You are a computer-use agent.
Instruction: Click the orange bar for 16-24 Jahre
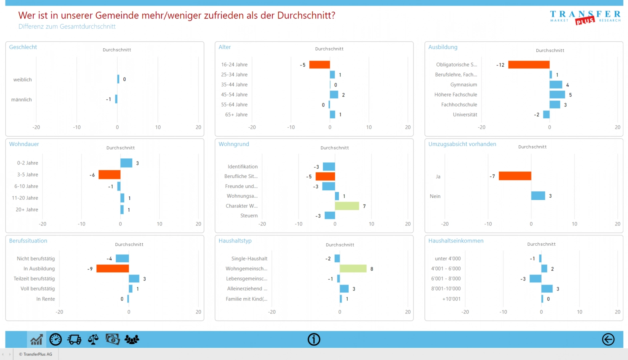[x=319, y=64]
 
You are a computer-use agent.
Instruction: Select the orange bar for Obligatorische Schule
[x=528, y=65]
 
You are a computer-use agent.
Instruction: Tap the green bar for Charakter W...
[x=347, y=206]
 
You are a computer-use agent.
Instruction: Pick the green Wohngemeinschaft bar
[x=353, y=268]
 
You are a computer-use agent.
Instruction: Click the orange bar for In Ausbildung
[x=113, y=268]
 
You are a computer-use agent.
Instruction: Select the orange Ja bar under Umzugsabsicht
[x=515, y=176]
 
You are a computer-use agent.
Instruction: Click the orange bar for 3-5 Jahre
[x=110, y=175]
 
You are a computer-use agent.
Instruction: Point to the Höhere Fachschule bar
[x=557, y=95]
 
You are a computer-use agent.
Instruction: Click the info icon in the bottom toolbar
[x=314, y=340]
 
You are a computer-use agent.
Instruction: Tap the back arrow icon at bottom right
[x=608, y=340]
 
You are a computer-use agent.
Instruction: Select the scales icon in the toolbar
[x=93, y=340]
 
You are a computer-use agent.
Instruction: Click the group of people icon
[x=132, y=340]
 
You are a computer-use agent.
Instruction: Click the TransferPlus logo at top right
[x=585, y=18]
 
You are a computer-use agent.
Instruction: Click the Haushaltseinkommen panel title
[x=456, y=241]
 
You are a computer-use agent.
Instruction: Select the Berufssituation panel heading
[x=28, y=241]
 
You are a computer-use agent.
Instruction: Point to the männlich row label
[x=22, y=100]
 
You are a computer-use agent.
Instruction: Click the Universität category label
[x=465, y=115]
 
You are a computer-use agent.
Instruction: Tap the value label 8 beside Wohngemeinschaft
[x=372, y=269]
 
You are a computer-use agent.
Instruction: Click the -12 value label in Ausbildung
[x=500, y=65]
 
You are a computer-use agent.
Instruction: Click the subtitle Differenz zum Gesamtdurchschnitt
[x=67, y=26]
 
